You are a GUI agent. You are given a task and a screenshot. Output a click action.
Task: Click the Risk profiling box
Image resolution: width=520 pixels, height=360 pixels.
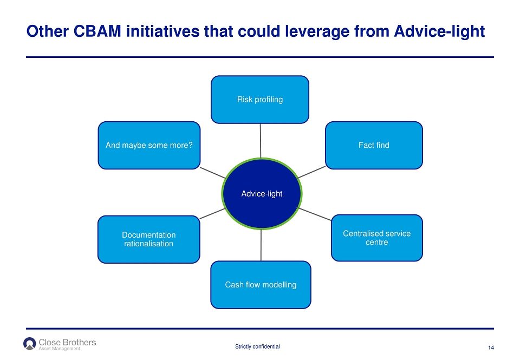[260, 100]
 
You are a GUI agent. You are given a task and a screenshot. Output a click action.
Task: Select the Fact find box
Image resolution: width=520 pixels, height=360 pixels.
[374, 145]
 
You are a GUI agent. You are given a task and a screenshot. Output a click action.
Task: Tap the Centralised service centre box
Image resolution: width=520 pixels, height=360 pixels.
[377, 238]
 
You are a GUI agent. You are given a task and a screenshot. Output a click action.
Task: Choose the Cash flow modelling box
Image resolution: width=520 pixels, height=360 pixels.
[261, 285]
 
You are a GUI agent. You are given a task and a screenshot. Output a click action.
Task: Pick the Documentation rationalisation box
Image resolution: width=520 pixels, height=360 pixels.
[149, 239]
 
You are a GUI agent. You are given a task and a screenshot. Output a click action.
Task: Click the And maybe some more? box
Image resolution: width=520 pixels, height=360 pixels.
[149, 145]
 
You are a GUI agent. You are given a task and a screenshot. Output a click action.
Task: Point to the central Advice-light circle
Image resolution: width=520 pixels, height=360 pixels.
[262, 194]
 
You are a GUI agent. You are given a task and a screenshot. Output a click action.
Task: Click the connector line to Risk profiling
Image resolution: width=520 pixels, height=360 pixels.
[261, 141]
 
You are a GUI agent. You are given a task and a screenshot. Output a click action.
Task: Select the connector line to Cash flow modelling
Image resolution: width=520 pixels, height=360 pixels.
[261, 245]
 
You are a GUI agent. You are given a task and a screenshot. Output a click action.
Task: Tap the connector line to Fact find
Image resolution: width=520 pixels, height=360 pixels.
[312, 172]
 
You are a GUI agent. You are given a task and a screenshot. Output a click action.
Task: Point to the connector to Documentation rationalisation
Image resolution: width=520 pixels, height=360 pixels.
[212, 213]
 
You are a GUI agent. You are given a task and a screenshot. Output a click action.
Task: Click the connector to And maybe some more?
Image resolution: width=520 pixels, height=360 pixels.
[213, 173]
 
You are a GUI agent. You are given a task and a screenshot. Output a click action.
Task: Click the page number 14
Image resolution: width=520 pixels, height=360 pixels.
[491, 348]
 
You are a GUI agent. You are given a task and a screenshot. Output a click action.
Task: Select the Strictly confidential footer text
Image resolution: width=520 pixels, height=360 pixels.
[257, 346]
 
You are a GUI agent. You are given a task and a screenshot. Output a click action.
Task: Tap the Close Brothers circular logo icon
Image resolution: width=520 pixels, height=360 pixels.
[29, 343]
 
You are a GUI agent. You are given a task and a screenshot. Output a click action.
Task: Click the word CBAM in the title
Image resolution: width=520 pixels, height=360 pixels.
[97, 31]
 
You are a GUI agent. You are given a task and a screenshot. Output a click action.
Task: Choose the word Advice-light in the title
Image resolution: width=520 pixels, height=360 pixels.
[439, 32]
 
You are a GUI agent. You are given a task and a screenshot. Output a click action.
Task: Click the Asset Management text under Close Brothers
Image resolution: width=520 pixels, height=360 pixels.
[60, 349]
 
